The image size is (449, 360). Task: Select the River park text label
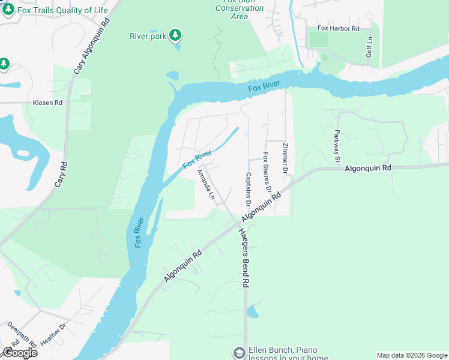(147, 36)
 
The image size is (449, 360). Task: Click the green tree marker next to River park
(175, 35)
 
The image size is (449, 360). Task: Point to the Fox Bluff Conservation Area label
(240, 8)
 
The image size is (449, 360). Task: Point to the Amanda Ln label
(205, 184)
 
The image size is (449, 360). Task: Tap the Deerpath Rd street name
(18, 335)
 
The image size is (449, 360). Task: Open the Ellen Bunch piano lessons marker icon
(239, 352)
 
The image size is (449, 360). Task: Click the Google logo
(20, 352)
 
